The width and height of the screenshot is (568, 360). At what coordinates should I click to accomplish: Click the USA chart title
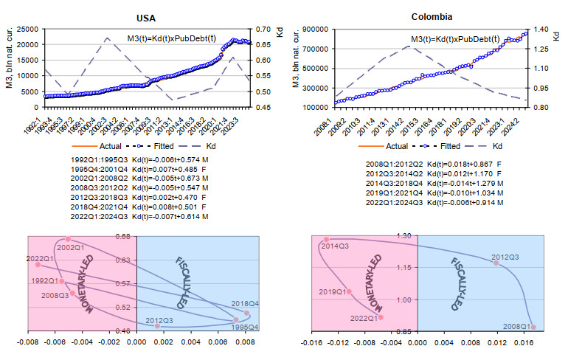point(146,16)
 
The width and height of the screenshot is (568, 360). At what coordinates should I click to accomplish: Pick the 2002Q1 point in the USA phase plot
point(68,239)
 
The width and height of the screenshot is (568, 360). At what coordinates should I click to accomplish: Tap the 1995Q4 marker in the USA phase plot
point(236,320)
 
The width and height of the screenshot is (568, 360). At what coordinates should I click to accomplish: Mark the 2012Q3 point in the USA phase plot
point(157,325)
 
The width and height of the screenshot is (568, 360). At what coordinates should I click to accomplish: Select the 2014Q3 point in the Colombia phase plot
point(326,240)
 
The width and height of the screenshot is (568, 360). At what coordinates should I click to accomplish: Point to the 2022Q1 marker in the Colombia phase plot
point(381,317)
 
